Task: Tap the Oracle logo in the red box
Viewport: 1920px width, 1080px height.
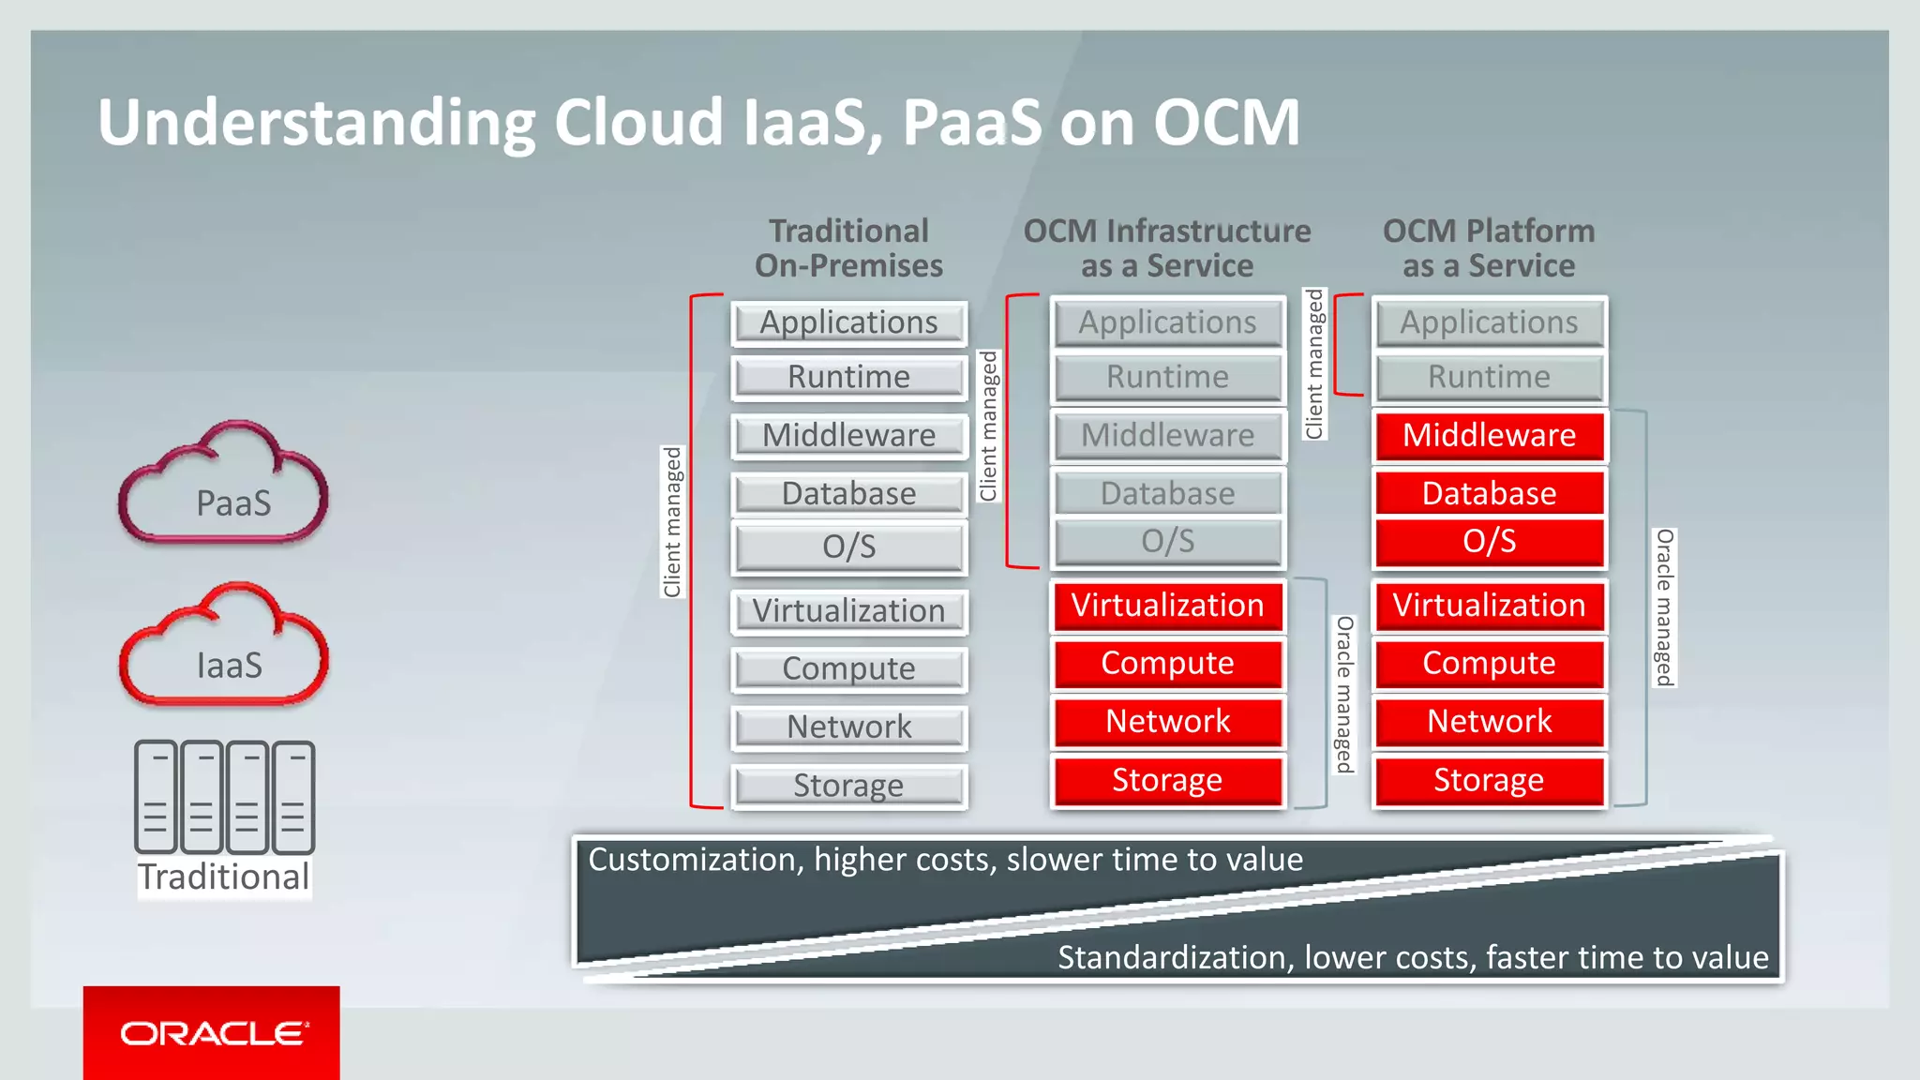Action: (x=212, y=1033)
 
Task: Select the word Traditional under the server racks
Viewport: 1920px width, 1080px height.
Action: (x=223, y=877)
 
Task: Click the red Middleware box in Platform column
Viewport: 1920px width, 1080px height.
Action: (x=1489, y=435)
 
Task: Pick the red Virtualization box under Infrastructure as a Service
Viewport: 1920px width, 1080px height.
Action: (x=1167, y=606)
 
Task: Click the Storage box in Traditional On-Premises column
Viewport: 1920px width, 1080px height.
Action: (x=848, y=786)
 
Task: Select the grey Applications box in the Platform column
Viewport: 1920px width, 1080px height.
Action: (x=1489, y=322)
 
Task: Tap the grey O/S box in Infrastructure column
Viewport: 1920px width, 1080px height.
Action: (x=1167, y=542)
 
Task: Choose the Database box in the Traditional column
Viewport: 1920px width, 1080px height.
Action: (x=848, y=493)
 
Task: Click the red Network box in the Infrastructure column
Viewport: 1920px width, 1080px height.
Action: (x=1167, y=721)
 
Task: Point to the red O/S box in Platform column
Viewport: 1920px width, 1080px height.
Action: (x=1489, y=542)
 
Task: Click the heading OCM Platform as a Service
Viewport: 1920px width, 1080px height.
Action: (x=1489, y=248)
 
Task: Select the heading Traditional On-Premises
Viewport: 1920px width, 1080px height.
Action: (x=848, y=248)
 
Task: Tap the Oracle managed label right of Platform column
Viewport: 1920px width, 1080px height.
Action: (x=1664, y=607)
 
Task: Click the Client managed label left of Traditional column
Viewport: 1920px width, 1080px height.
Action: (x=672, y=522)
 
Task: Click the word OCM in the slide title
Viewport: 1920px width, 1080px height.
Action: (x=1226, y=123)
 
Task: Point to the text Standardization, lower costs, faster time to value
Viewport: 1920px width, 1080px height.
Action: (x=1412, y=957)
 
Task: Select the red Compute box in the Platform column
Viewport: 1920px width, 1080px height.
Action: (x=1489, y=664)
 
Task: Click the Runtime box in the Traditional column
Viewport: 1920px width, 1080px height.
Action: (x=848, y=377)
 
